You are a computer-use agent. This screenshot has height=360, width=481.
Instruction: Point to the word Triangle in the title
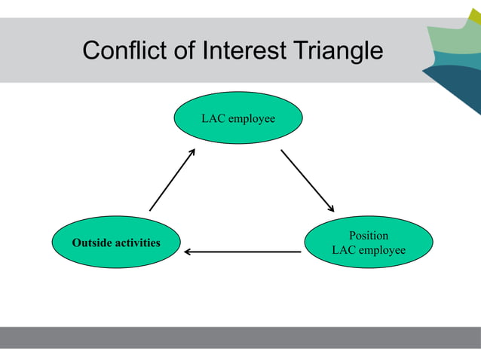coord(337,51)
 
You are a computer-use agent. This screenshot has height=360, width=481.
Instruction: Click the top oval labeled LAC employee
coord(237,118)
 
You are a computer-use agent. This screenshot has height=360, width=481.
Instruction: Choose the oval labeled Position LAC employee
coord(369,243)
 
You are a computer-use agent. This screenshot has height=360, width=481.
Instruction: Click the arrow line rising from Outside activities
coord(172,180)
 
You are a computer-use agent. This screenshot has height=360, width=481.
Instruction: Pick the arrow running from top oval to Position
coord(307,181)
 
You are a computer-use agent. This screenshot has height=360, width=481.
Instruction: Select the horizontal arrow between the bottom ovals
coord(243,252)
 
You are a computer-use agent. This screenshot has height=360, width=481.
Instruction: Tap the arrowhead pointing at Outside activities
coord(188,252)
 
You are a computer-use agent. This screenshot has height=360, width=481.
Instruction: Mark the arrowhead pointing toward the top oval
coord(191,152)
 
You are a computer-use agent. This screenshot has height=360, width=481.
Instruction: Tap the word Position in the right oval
coord(369,236)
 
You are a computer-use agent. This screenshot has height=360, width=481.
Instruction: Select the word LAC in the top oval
coord(212,118)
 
